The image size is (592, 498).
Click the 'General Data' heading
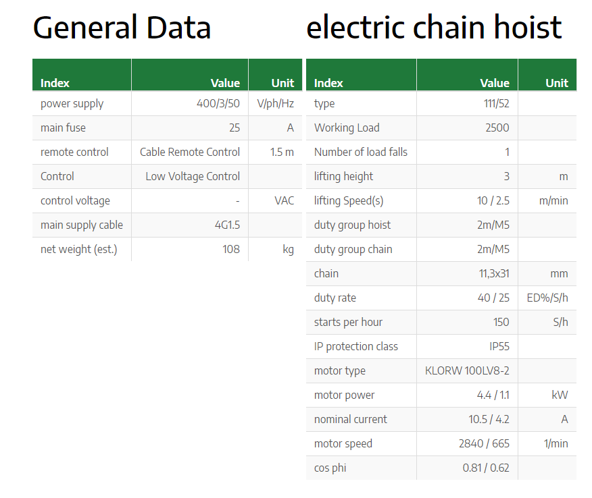tap(122, 28)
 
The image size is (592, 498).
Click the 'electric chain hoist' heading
tap(434, 27)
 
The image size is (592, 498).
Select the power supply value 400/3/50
tap(218, 103)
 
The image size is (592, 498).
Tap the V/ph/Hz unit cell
tap(275, 104)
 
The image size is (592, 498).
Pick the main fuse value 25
tap(235, 128)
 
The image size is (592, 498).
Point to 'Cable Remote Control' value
tap(190, 152)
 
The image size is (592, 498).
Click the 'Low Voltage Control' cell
tap(193, 176)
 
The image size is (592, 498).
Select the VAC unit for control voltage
tap(285, 200)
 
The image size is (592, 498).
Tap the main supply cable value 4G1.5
tap(227, 225)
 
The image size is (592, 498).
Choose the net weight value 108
tap(231, 249)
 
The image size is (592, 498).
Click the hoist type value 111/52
tap(497, 103)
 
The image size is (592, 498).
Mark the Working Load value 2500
tap(497, 128)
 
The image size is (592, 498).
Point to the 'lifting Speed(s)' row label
tap(349, 201)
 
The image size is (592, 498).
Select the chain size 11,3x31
tap(494, 274)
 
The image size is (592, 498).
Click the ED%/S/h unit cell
tap(547, 298)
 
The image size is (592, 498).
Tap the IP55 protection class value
tap(499, 346)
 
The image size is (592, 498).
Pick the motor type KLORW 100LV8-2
tap(468, 370)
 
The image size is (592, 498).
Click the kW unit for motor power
tap(560, 395)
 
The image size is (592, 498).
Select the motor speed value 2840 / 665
tap(485, 444)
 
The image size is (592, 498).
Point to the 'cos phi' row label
tap(330, 468)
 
